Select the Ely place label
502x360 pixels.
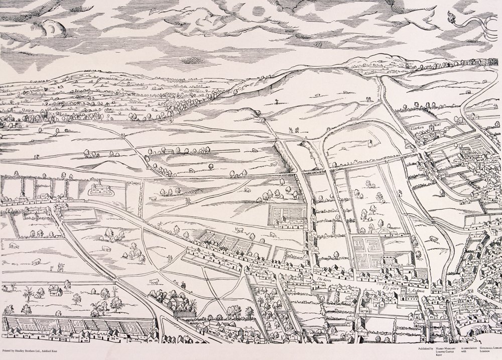390,289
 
